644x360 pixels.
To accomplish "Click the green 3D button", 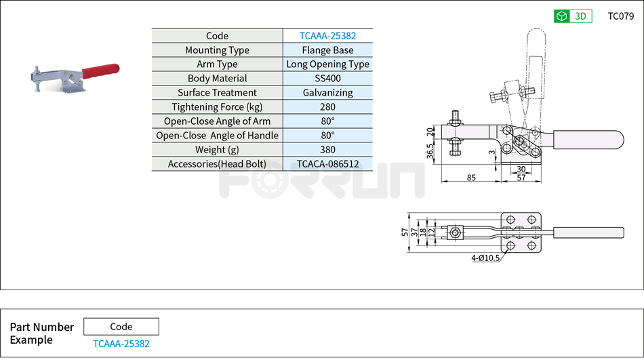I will (x=573, y=16).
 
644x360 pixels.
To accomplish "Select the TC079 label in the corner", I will (x=620, y=16).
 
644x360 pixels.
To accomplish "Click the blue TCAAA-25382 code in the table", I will (x=327, y=36).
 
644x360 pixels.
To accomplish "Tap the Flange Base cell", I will (x=327, y=50).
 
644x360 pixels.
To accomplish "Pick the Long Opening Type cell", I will (x=327, y=64).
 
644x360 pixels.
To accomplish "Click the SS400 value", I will (x=327, y=79).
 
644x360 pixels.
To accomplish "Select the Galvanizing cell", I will (x=327, y=93).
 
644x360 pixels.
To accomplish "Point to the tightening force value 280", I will (x=327, y=107).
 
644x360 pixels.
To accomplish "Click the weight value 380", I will (x=327, y=150).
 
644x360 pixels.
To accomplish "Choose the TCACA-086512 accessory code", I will (x=327, y=164).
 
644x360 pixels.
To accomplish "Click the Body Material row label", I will (x=217, y=79).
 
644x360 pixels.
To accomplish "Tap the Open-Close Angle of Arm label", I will (x=217, y=121).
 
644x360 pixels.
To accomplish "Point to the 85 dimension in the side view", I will (x=470, y=178).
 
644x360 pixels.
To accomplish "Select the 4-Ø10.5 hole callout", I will (x=485, y=258).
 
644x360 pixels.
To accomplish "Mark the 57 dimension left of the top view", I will (x=405, y=232).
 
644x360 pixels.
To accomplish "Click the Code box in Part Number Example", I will (x=121, y=327).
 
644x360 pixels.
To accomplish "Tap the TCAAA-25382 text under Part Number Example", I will (x=121, y=344).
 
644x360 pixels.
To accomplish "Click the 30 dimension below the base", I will (x=521, y=169).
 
